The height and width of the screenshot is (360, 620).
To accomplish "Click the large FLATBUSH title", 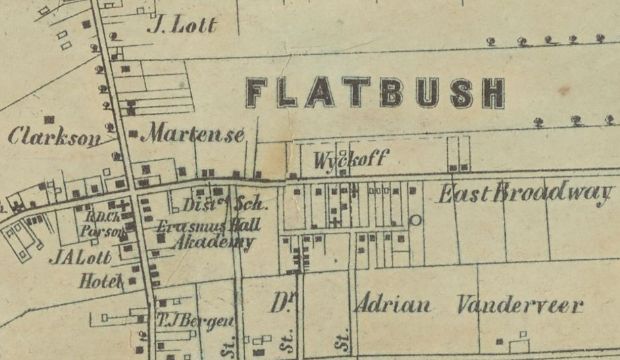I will pyautogui.click(x=376, y=93).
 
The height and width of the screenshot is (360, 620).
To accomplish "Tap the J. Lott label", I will pyautogui.click(x=182, y=26).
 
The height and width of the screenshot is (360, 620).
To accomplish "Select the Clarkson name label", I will pyautogui.click(x=53, y=136).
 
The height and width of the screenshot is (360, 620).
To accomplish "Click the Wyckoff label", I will pyautogui.click(x=351, y=159).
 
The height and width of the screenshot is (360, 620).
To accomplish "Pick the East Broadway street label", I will pyautogui.click(x=525, y=194).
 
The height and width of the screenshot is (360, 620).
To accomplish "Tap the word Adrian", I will pyautogui.click(x=392, y=305).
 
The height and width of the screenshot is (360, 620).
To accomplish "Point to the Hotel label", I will pyautogui.click(x=101, y=281).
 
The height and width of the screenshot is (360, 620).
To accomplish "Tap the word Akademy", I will pyautogui.click(x=213, y=243).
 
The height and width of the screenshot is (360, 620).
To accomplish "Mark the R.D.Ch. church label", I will pyautogui.click(x=97, y=217).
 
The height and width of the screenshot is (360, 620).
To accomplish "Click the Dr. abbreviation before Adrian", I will pyautogui.click(x=278, y=303).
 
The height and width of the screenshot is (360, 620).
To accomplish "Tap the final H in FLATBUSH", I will pyautogui.click(x=494, y=94).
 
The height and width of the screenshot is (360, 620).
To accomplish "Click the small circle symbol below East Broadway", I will pyautogui.click(x=415, y=220).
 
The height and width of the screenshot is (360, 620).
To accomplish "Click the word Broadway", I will pyautogui.click(x=554, y=194).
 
